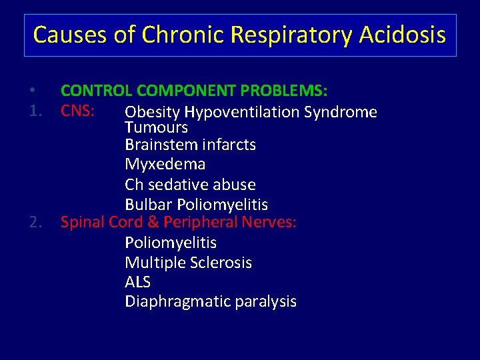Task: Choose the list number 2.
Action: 37,222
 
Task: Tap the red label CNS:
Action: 80,109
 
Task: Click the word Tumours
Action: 156,127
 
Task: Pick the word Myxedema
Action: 165,164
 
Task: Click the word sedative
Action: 177,184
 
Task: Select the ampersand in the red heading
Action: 154,222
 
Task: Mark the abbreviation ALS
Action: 137,282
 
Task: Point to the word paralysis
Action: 265,301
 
